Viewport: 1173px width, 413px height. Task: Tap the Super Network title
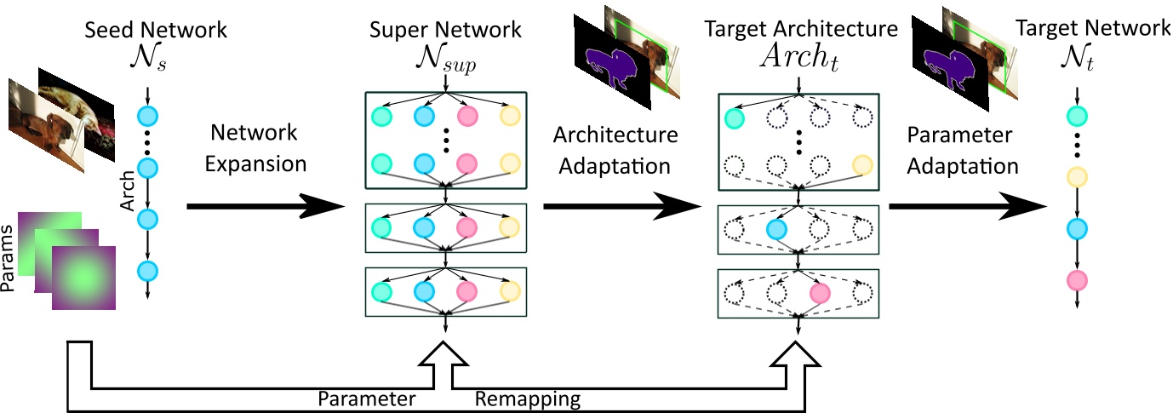444,30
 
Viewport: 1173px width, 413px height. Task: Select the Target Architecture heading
801,30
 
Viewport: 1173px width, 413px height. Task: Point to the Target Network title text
1094,30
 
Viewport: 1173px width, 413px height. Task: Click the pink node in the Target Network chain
1077,280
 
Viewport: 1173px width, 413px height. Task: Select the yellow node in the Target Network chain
1077,178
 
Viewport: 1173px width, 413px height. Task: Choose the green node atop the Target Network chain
1077,113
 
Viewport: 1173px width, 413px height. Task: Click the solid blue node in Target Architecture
775,228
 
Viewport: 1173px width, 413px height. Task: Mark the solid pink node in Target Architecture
819,293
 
